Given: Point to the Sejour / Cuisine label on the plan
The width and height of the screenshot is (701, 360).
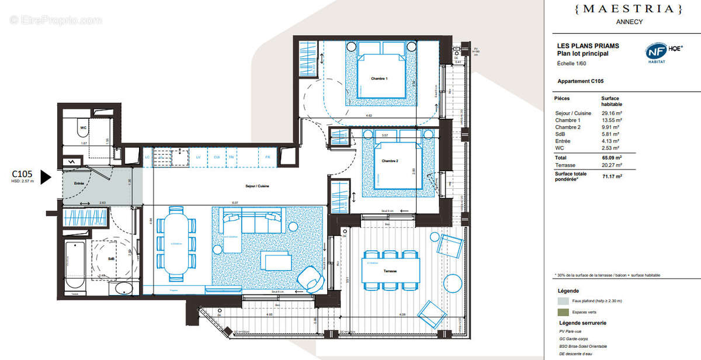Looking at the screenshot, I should pos(257,186).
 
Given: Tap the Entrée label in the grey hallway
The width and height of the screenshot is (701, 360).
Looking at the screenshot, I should pos(79,184).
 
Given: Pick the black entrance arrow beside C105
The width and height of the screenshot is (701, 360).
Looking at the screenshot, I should pos(46,177).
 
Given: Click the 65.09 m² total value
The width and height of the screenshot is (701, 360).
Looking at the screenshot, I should pos(610,157).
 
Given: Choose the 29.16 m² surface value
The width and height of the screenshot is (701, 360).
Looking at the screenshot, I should pos(610,113).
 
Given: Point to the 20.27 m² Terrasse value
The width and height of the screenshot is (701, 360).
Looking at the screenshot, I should pos(610,165).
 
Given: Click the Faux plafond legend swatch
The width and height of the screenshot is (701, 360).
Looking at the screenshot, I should pos(563,301).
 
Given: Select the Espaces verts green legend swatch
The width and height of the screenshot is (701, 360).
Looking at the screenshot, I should pos(563,313).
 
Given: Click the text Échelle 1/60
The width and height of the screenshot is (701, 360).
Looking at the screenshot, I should pos(573,63).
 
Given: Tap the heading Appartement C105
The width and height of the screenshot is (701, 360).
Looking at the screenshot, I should pos(580,81).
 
